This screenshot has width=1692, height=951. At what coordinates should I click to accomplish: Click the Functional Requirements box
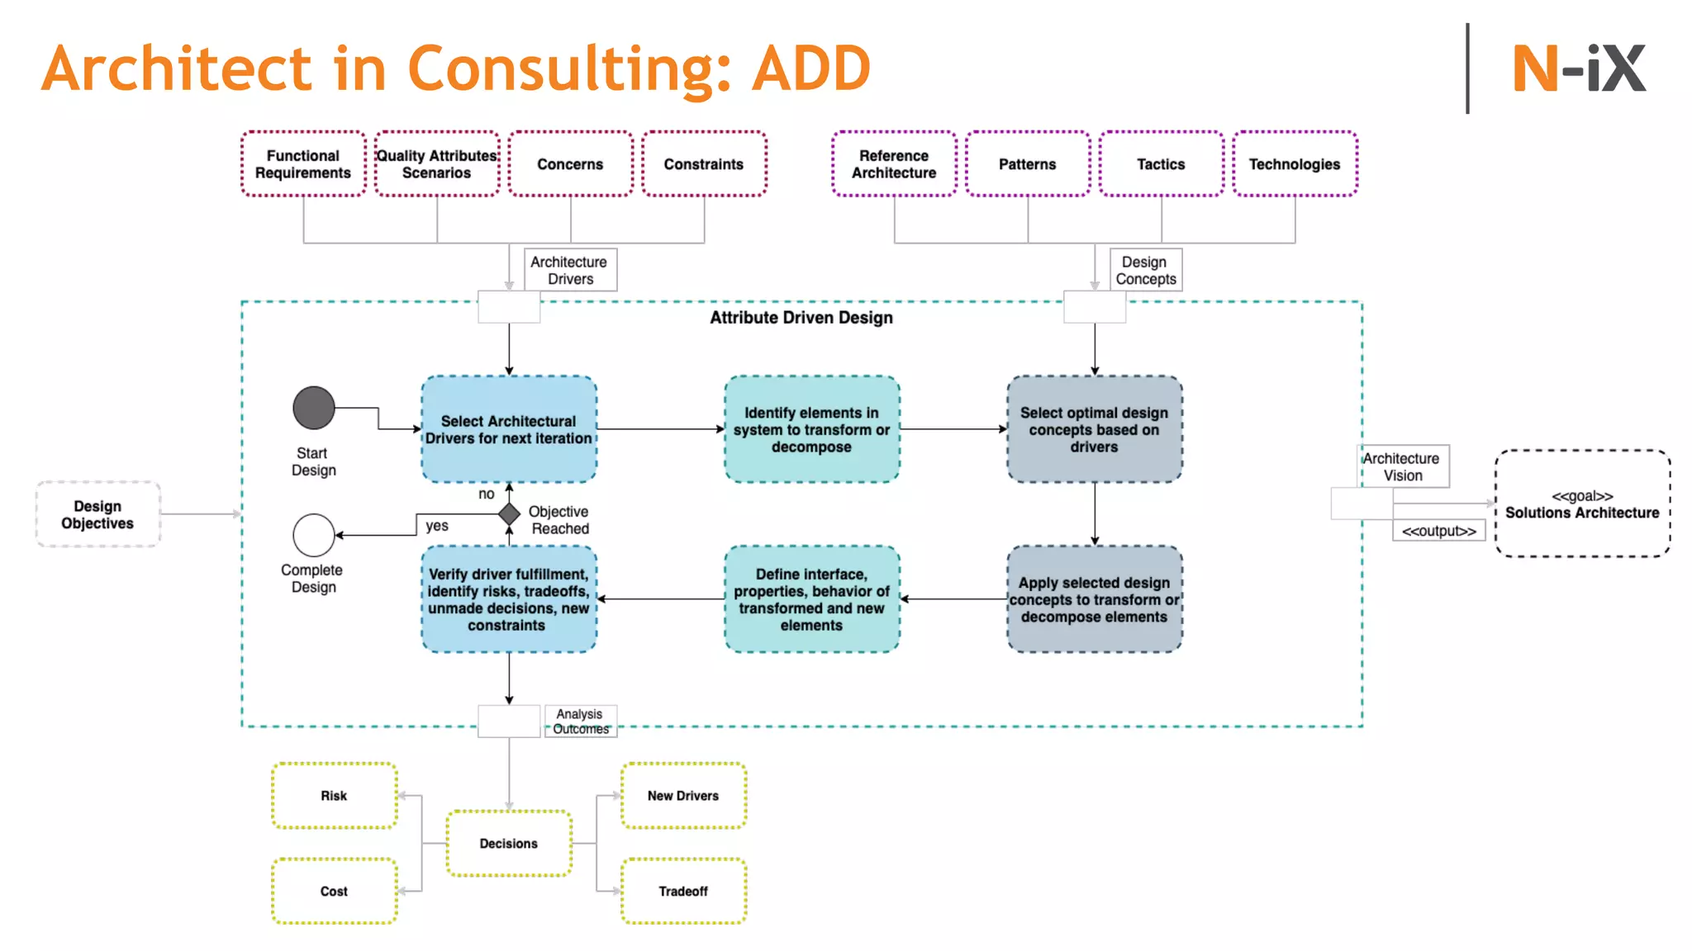click(303, 163)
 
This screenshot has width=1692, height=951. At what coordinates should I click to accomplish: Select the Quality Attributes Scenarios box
click(437, 163)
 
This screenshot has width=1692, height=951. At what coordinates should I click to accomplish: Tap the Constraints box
click(704, 163)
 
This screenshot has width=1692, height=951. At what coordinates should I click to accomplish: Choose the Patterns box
click(1028, 163)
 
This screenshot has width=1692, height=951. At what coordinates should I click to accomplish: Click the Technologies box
click(1295, 163)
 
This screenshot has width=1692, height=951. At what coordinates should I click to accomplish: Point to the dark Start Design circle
click(314, 408)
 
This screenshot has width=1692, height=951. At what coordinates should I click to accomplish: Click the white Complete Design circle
click(314, 535)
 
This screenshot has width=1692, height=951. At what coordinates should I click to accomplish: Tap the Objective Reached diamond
click(509, 514)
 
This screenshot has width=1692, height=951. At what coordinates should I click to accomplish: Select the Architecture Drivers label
click(570, 270)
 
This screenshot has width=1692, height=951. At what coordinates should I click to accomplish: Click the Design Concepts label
click(1145, 270)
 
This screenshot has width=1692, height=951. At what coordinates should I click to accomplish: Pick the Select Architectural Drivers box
click(509, 429)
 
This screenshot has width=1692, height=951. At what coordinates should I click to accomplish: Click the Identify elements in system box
click(811, 429)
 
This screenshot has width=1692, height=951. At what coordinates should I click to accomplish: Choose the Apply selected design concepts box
click(1094, 599)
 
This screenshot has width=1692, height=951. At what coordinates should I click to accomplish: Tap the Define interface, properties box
click(811, 599)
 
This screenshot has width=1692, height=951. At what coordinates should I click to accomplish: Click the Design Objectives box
click(97, 514)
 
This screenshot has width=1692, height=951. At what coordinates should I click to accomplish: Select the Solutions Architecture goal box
click(1582, 504)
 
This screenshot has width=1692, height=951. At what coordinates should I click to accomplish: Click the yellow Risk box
click(335, 796)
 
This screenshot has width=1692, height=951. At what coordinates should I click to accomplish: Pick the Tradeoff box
click(683, 892)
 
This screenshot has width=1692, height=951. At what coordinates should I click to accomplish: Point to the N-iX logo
click(1579, 69)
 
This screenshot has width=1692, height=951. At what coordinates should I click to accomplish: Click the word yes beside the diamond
click(437, 526)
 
